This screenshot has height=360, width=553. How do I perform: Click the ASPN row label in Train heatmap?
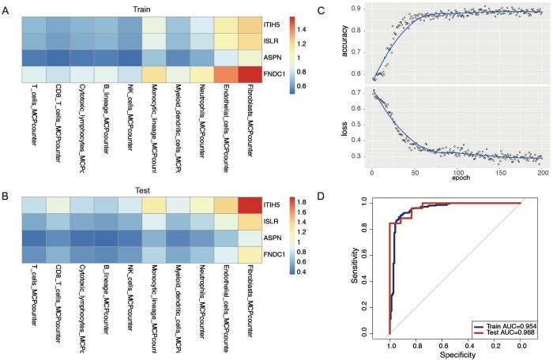click(x=274, y=59)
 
